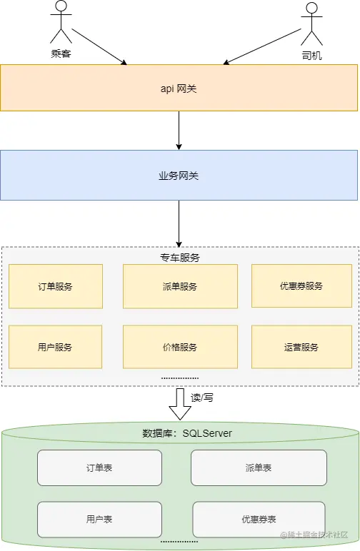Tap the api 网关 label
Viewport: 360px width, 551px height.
(x=179, y=89)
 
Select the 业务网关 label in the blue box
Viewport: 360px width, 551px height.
(x=179, y=175)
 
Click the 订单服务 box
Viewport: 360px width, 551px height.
(x=55, y=286)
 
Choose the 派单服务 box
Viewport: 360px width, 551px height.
(x=179, y=286)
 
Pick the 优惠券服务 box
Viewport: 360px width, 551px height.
(x=301, y=286)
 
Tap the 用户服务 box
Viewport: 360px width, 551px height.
(x=55, y=347)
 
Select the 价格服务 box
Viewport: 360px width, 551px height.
(x=179, y=347)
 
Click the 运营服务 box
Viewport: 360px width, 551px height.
(x=301, y=347)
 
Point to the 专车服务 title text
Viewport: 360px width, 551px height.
(x=179, y=257)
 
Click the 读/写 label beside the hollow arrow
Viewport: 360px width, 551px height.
(x=202, y=398)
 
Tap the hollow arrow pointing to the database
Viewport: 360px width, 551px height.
(x=179, y=403)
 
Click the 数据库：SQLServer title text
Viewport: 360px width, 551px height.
(x=187, y=433)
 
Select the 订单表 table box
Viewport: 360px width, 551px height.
(x=99, y=468)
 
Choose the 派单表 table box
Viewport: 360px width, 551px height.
(x=258, y=468)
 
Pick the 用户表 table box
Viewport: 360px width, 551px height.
(x=99, y=520)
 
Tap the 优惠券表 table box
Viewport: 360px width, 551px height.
(x=259, y=520)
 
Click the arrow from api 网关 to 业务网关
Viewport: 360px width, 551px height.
(x=179, y=130)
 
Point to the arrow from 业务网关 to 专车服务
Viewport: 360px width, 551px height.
(x=179, y=223)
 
